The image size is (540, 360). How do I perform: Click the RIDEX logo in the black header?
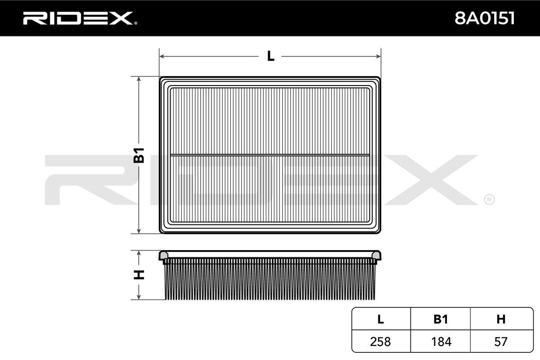point(80,18)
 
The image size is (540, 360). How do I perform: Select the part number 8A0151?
point(485,18)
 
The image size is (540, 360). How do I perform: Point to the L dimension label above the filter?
point(271,56)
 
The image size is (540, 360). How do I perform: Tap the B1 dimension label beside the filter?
point(139,155)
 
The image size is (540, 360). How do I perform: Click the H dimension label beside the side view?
point(139,275)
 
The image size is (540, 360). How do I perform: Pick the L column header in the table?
point(380,319)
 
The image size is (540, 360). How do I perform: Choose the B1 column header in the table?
point(441,319)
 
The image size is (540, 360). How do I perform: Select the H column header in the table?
point(501,319)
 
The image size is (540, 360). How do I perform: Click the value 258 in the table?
point(380,342)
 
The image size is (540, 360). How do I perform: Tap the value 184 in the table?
point(441,342)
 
